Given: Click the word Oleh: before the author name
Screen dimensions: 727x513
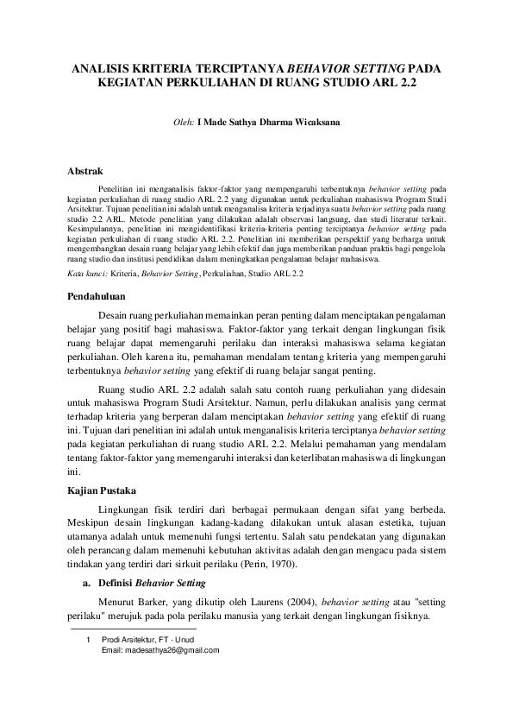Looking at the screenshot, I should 184,123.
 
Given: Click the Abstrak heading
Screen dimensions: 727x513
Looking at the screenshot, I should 85,171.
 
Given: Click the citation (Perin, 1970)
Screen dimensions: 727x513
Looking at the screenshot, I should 271,563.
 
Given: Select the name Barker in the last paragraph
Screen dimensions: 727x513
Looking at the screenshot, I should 159,601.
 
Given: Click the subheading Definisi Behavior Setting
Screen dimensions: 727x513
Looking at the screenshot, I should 151,583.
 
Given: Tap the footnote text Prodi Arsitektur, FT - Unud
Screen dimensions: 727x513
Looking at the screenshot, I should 147,640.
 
